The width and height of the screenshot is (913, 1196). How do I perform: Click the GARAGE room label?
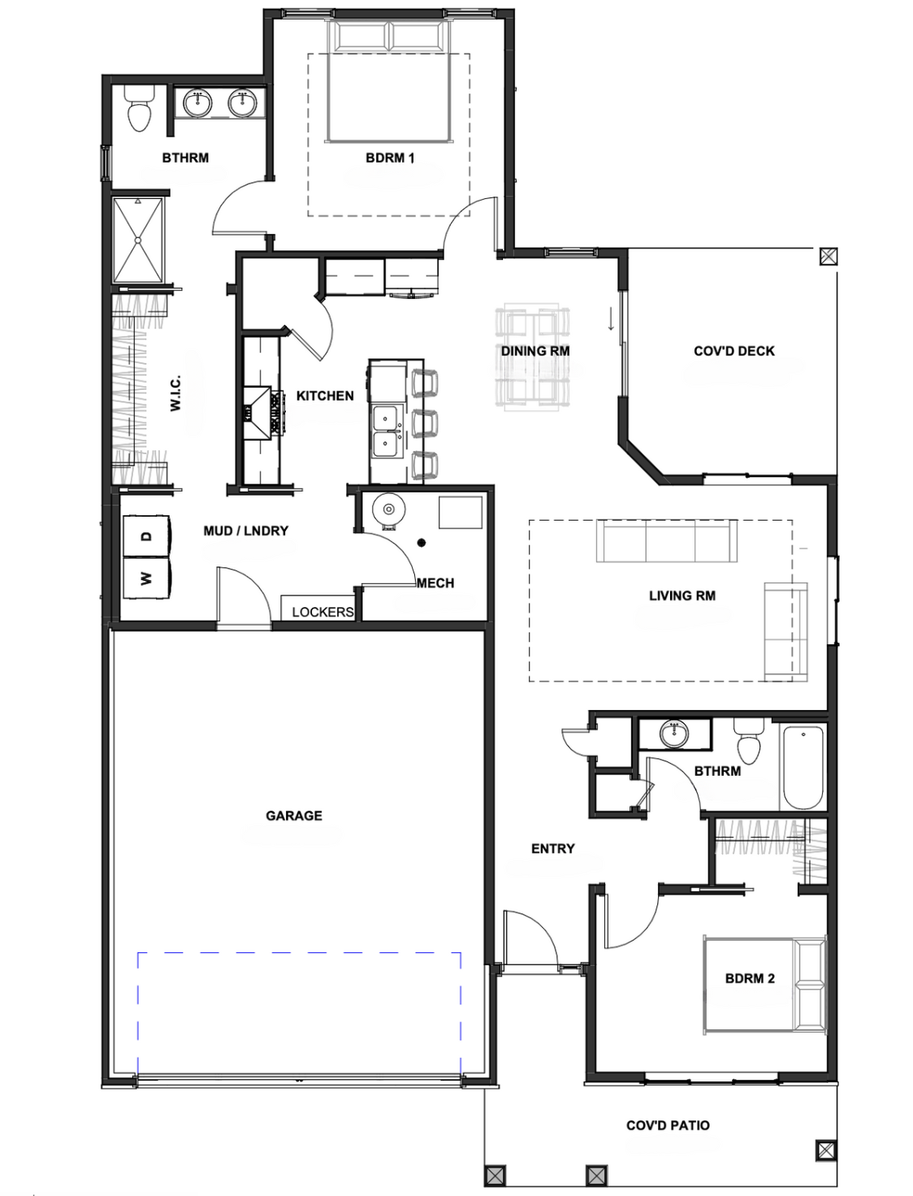coord(293,816)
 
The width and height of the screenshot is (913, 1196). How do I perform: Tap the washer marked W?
coord(147,578)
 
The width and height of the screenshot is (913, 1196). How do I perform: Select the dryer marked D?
coord(147,535)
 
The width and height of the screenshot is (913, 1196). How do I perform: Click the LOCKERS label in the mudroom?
coord(322,612)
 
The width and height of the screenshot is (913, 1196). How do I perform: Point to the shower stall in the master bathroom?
coord(138,240)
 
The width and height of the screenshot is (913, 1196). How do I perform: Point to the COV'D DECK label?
coord(733,351)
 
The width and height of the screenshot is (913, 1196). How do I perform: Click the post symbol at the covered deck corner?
coord(828,256)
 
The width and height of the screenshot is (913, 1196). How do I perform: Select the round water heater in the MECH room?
coord(389,510)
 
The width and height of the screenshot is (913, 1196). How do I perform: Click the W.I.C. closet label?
coord(175,392)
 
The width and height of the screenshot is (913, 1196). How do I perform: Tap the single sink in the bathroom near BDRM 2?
coord(675,734)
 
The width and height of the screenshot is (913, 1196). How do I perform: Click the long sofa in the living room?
coord(667,541)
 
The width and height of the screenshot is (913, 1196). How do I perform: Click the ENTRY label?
coord(553,848)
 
